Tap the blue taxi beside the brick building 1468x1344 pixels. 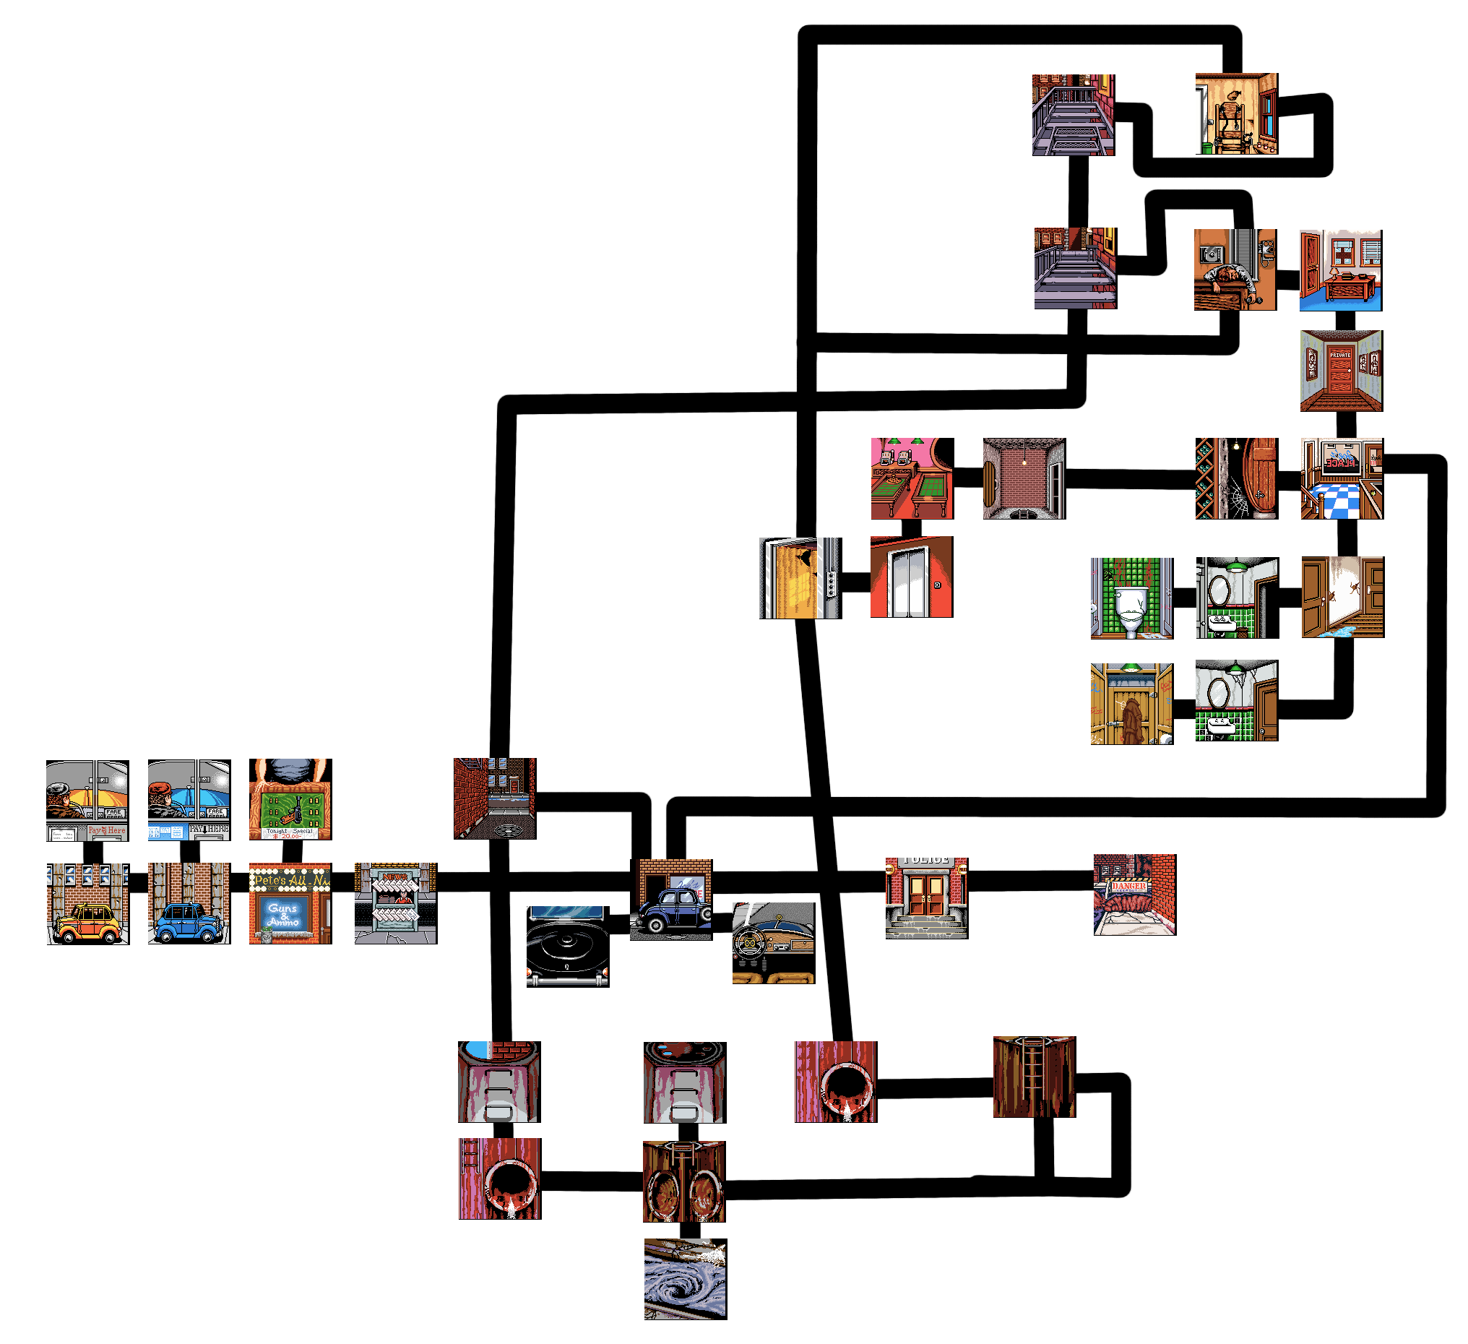pyautogui.click(x=187, y=923)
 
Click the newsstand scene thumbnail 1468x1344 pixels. pyautogui.click(x=394, y=903)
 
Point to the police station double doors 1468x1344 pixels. pyautogui.click(x=925, y=895)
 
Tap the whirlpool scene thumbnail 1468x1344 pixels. pyautogui.click(x=683, y=1278)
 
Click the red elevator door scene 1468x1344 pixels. pyautogui.click(x=910, y=577)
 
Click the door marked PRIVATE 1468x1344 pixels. pyautogui.click(x=1340, y=373)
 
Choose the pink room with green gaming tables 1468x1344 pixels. pyautogui.click(x=911, y=478)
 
